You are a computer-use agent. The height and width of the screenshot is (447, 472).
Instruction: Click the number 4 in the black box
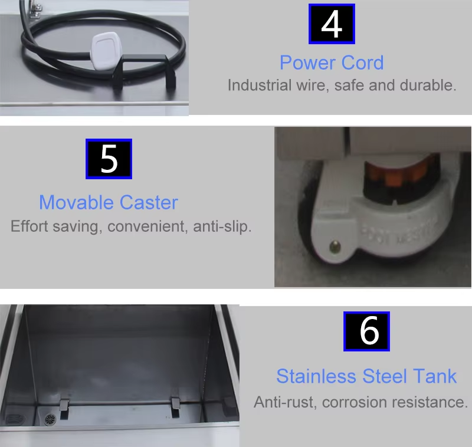[332, 24]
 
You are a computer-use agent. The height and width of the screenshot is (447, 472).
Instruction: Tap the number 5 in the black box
[109, 159]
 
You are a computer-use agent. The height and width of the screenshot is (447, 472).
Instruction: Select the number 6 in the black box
[367, 331]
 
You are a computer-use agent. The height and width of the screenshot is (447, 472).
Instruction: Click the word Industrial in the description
[259, 85]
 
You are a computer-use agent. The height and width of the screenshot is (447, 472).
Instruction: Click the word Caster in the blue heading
[149, 203]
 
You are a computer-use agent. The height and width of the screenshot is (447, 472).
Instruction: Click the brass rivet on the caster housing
[335, 244]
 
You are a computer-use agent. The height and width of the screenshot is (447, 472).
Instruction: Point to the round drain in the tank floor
[50, 419]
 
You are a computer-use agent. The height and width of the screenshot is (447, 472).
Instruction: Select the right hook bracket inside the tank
[175, 405]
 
